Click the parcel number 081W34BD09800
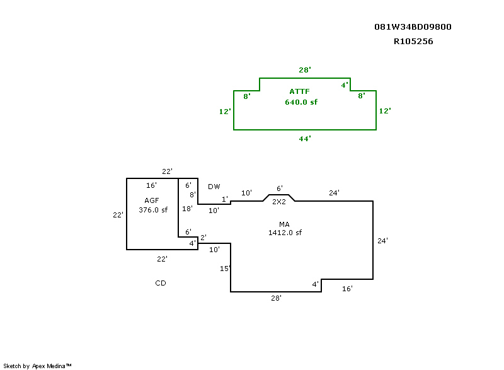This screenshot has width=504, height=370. pyautogui.click(x=413, y=27)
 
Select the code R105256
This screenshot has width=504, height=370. pyautogui.click(x=413, y=42)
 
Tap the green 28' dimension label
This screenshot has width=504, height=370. pyautogui.click(x=305, y=70)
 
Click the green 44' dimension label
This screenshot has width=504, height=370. pyautogui.click(x=305, y=139)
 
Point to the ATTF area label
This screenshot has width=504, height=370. pyautogui.click(x=300, y=91)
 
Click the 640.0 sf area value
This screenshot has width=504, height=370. pyautogui.click(x=301, y=102)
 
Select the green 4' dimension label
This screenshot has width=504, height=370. pyautogui.click(x=345, y=85)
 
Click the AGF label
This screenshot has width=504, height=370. pyautogui.click(x=152, y=200)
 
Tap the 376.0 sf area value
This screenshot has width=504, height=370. pyautogui.click(x=153, y=210)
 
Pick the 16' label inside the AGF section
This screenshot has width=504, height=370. pyautogui.click(x=151, y=185)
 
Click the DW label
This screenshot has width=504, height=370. pyautogui.click(x=214, y=187)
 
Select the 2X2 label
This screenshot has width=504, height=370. pyautogui.click(x=279, y=202)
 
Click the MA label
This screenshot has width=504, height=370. pyautogui.click(x=285, y=224)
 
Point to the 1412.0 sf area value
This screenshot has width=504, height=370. pyautogui.click(x=285, y=233)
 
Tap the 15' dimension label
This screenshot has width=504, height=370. pyautogui.click(x=225, y=269)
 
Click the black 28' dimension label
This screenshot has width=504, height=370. pyautogui.click(x=276, y=298)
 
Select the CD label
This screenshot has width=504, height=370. pyautogui.click(x=161, y=283)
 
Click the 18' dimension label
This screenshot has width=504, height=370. pyautogui.click(x=187, y=209)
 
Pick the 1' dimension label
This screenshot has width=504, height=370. pyautogui.click(x=225, y=199)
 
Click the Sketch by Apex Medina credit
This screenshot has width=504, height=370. pyautogui.click(x=37, y=366)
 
